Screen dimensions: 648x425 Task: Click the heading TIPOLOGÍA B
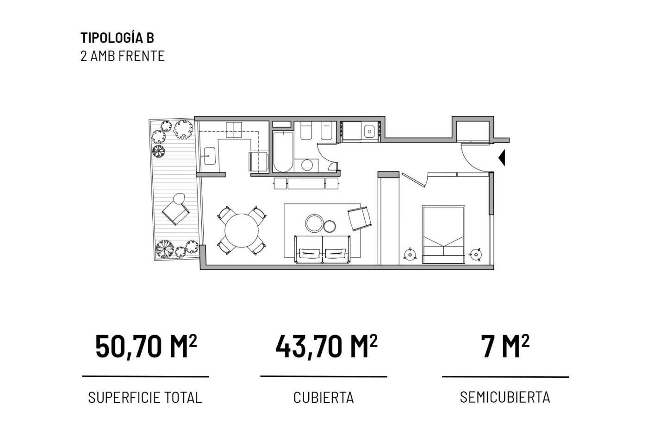pos(117,38)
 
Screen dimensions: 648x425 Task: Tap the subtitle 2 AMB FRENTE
pos(122,56)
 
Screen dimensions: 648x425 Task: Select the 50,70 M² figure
pos(146,347)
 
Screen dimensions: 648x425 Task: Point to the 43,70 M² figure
pos(327,347)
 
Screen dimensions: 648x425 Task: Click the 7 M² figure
pos(505,347)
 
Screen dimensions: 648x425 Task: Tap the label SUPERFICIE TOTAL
pos(145,398)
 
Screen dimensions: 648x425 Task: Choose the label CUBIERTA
pos(324,398)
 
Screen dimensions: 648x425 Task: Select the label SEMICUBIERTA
pos(505,398)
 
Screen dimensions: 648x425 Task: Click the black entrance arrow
pos(502,158)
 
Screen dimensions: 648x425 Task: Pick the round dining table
pos(242,231)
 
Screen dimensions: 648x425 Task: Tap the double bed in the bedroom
pos(443,235)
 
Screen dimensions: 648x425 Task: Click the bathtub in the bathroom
pos(283,152)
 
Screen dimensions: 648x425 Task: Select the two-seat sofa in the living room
pos(323,249)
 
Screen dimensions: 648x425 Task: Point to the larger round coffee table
pos(314,223)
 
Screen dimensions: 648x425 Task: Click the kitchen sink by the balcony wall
pos(210,156)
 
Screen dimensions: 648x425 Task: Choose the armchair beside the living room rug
pos(360,218)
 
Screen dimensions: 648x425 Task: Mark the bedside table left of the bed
pos(410,254)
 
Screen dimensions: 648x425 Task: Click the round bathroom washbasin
pos(306,165)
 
